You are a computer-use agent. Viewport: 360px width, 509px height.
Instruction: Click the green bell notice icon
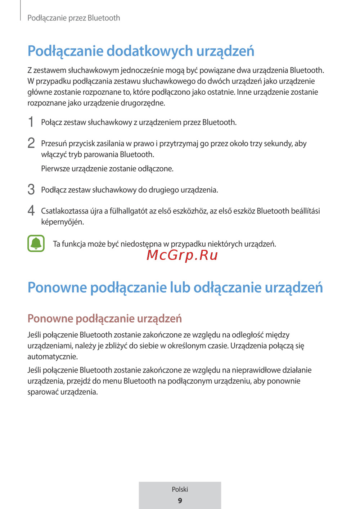tap(36, 243)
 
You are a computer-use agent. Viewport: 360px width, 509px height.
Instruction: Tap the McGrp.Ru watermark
tap(182, 255)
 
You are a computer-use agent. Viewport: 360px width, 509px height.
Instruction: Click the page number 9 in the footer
tap(180, 500)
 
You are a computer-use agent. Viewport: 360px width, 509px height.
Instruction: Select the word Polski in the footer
tap(180, 489)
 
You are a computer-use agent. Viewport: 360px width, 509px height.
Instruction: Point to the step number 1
tap(31, 122)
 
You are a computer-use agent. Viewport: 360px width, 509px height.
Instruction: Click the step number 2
tap(31, 143)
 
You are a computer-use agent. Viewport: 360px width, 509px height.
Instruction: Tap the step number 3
tap(31, 189)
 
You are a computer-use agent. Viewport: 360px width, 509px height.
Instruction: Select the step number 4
tap(31, 211)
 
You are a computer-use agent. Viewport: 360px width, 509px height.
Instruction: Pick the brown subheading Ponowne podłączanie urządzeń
tap(104, 319)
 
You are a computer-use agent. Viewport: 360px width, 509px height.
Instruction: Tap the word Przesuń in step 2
tap(54, 144)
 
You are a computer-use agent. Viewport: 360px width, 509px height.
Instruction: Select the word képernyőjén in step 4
tap(62, 222)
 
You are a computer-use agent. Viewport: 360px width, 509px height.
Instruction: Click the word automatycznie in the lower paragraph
tap(52, 357)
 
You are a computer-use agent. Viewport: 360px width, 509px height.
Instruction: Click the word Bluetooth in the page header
tap(104, 18)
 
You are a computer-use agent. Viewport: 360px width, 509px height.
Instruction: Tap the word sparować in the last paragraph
tap(43, 392)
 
